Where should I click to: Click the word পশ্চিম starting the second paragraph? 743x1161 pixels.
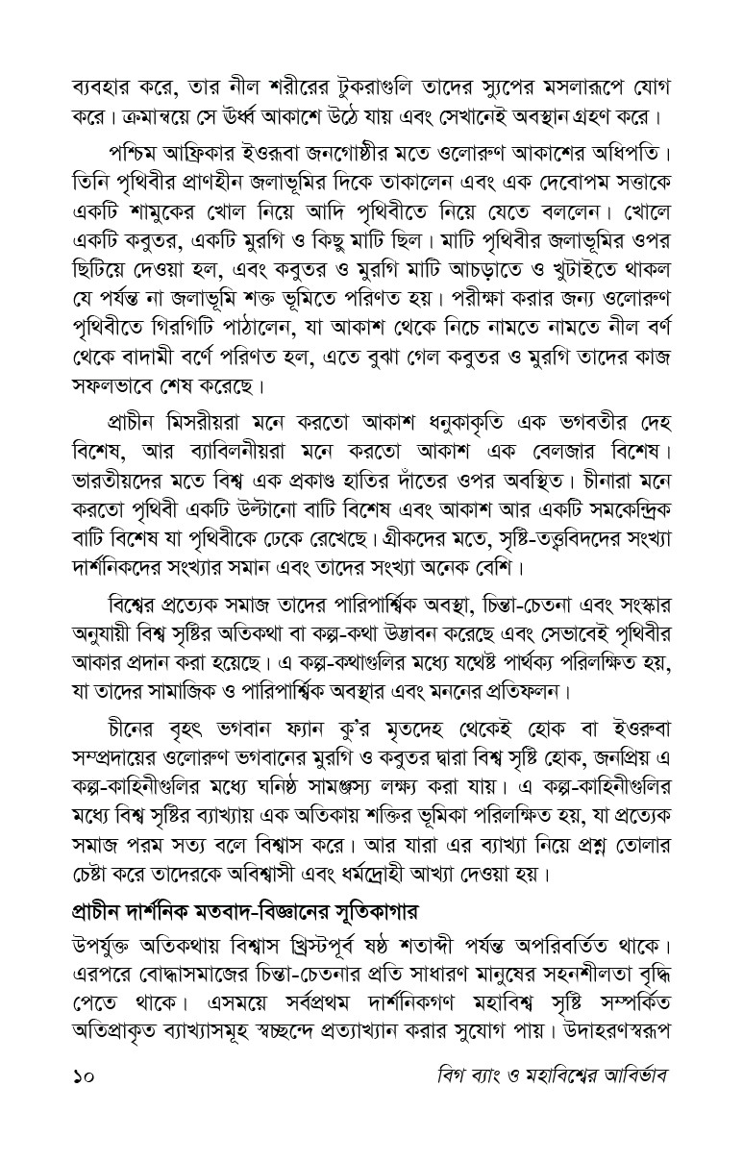tap(144, 157)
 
